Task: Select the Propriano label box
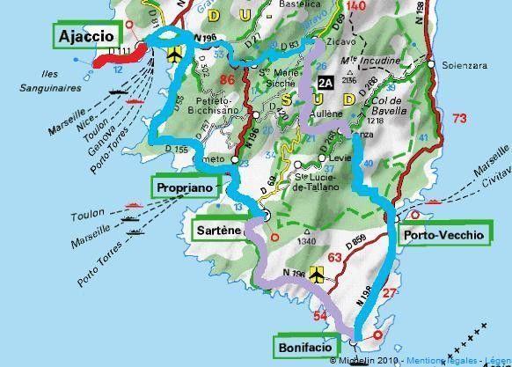point(184,187)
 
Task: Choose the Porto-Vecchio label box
point(443,234)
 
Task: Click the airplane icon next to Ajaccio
point(174,55)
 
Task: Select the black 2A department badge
point(325,84)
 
